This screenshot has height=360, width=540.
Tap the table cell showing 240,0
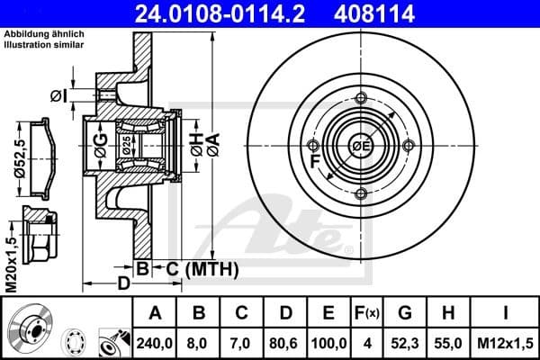156,343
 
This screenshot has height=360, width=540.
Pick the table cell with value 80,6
285,343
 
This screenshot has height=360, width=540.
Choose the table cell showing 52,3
405,343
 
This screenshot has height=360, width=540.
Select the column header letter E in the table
328,314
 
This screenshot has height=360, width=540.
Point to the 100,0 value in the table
328,343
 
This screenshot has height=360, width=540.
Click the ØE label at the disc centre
361,147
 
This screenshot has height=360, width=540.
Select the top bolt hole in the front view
361,99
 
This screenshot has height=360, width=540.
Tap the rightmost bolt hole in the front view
408,146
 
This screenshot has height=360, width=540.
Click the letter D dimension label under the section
124,283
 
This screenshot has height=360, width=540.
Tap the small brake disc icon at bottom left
27,329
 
